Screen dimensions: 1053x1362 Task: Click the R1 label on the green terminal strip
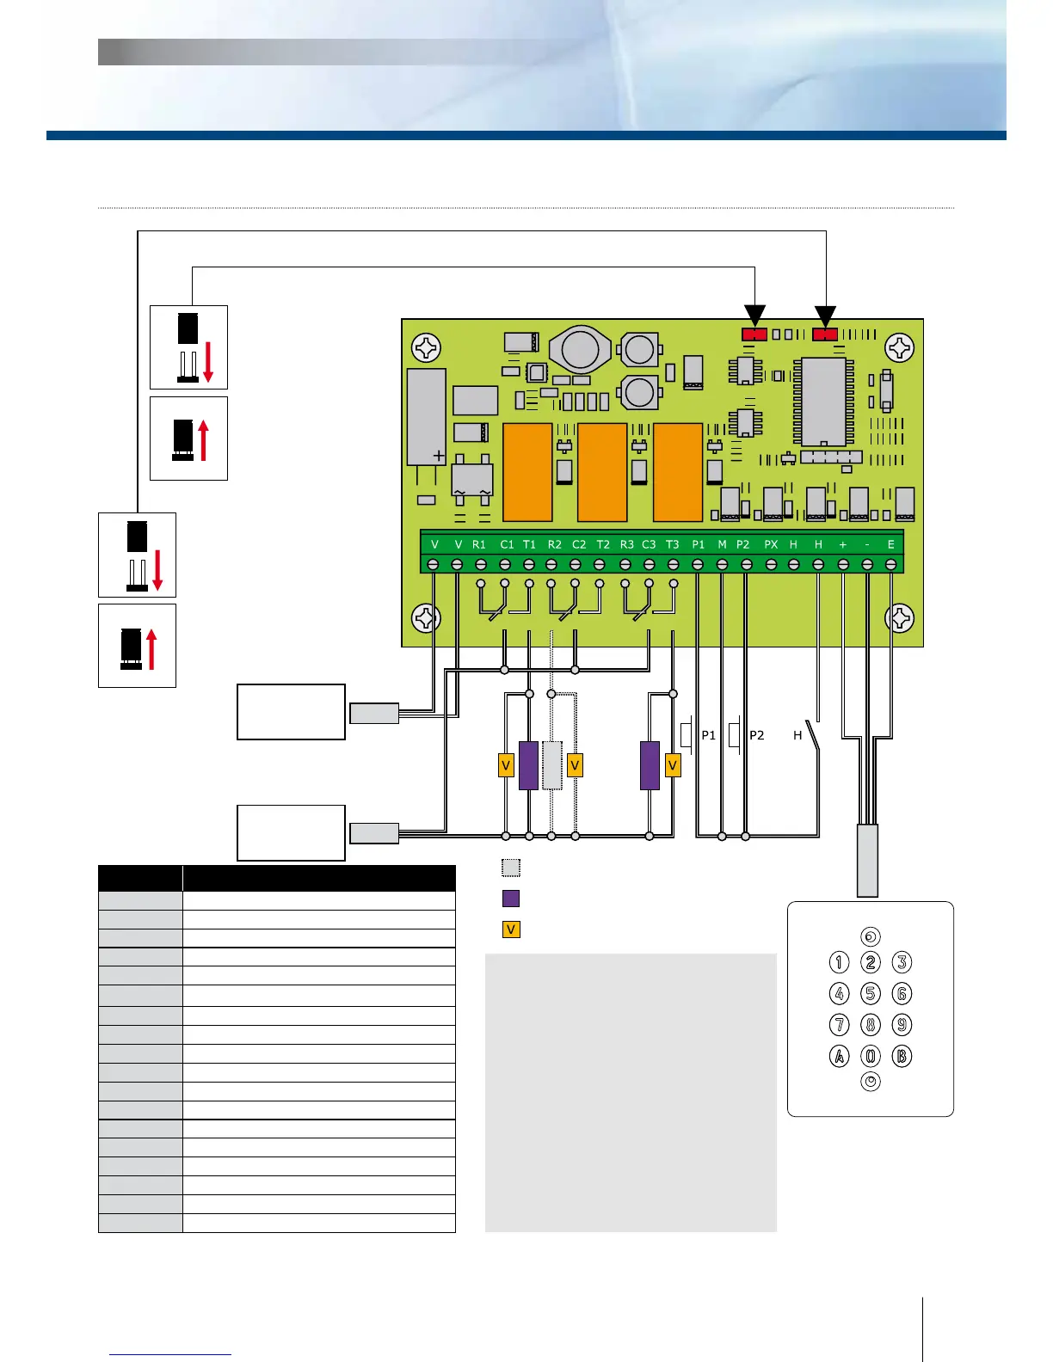point(479,544)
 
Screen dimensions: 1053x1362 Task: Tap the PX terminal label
point(771,544)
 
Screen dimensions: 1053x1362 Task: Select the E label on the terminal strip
point(891,544)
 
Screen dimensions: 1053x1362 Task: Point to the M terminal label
point(722,544)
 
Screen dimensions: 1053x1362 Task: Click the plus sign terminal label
point(842,544)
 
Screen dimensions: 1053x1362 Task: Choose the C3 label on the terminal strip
point(649,544)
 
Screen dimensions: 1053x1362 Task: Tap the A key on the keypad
point(839,1056)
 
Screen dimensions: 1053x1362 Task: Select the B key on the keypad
point(902,1056)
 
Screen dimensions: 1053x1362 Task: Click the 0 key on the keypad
point(871,1056)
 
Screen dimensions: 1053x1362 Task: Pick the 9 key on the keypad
point(902,1025)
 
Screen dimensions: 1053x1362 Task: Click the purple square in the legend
point(511,899)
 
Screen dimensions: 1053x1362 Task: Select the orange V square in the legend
point(511,929)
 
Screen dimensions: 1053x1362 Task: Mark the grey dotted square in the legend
point(511,867)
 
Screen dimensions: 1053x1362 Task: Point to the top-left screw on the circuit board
point(426,347)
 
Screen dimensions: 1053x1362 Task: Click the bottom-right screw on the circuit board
point(900,617)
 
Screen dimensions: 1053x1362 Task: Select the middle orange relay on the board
point(602,472)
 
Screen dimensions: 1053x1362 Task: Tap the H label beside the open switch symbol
point(797,735)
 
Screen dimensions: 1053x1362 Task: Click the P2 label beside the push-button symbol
point(757,735)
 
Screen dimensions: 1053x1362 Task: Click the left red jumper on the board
point(754,334)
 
